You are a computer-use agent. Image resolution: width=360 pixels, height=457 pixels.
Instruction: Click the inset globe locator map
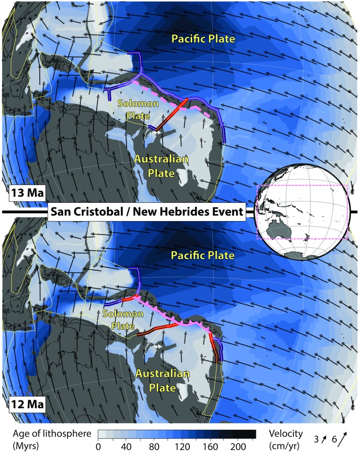pyautogui.click(x=301, y=213)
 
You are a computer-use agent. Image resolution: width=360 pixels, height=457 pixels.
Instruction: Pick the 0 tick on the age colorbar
pyautogui.click(x=98, y=447)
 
